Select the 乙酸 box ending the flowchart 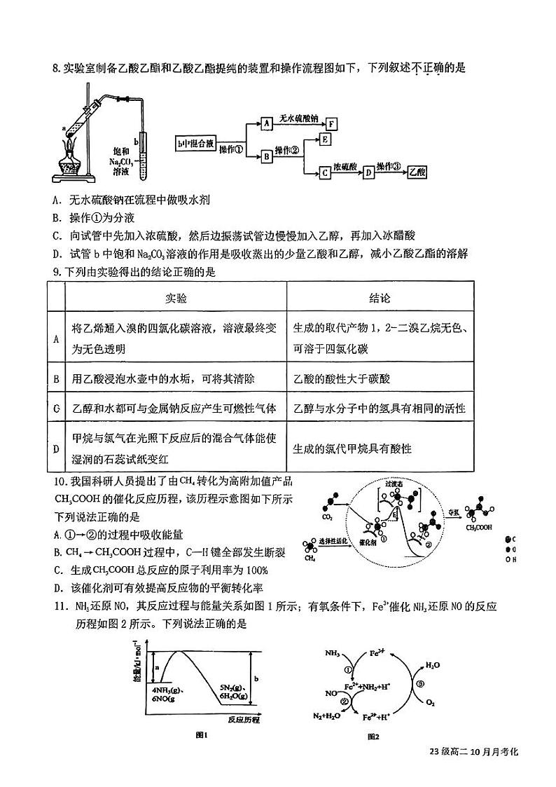[416, 171]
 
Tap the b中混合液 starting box [195, 143]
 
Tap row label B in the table [55, 378]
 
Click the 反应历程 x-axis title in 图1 [244, 719]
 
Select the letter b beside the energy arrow [257, 678]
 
